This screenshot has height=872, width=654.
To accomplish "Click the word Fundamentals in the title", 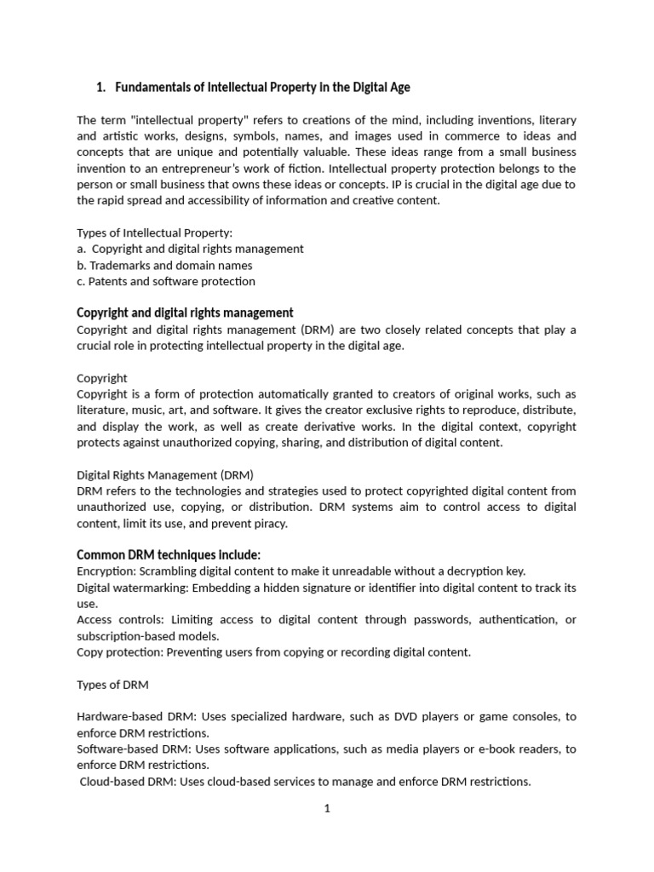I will tap(155, 88).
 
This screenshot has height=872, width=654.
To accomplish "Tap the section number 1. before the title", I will tap(100, 88).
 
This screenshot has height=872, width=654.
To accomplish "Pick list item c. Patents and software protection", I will tap(165, 281).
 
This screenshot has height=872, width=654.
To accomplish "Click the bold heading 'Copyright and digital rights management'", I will tap(185, 313).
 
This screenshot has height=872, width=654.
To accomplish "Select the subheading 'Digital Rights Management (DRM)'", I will tap(165, 474).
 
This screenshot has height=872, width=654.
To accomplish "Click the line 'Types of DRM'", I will tap(112, 685).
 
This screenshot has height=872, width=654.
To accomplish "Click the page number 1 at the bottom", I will tap(326, 809).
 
